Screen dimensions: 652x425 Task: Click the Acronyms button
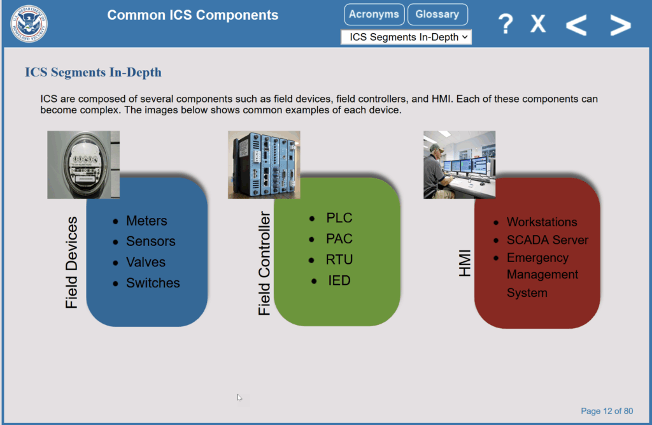374,15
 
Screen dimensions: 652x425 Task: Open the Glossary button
437,15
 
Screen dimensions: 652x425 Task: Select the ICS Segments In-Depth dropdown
406,37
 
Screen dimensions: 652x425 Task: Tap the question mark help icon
506,24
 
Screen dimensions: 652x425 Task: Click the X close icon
538,24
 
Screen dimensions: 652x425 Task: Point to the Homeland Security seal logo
29,24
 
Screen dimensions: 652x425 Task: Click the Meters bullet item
146,220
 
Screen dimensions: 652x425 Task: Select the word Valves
146,263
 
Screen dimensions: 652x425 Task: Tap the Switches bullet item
153,283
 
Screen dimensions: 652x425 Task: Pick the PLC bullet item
339,218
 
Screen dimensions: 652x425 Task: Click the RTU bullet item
339,260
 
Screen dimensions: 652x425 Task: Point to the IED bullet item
339,280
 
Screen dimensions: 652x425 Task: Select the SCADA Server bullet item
547,240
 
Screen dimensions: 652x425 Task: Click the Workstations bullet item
542,222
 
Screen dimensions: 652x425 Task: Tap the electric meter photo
83,165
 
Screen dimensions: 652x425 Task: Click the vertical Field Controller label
264,263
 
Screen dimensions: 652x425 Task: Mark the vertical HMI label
464,263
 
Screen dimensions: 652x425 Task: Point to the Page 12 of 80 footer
607,411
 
